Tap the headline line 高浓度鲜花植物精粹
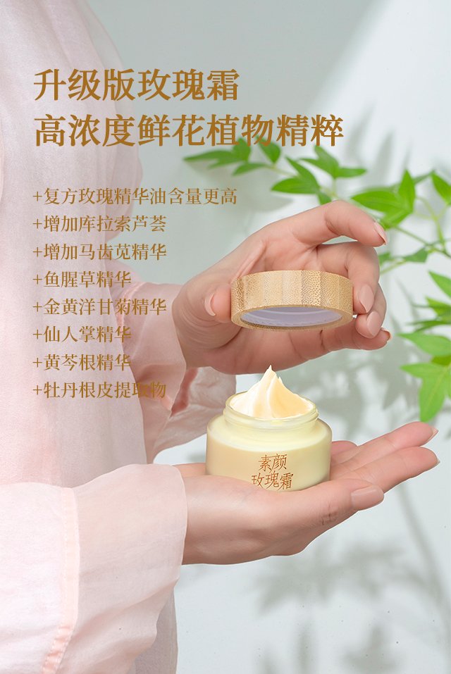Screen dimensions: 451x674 189,131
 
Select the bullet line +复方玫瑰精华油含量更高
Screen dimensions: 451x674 135,196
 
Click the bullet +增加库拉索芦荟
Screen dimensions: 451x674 100,224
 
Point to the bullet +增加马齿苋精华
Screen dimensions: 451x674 100,251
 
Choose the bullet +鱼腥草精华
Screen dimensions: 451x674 82,280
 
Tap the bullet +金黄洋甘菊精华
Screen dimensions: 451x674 100,307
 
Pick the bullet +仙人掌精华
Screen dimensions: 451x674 82,335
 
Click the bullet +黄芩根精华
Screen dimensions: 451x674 82,363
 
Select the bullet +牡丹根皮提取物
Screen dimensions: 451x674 100,390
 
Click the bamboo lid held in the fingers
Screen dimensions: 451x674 292,299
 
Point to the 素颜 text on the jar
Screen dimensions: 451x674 272,463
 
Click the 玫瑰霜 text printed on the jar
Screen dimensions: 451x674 272,480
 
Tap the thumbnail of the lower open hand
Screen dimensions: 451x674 366,497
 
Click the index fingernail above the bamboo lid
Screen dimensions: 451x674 381,232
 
